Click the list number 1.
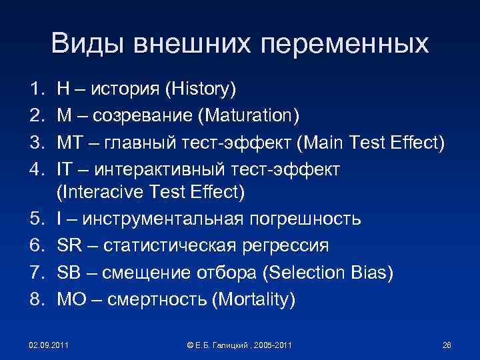coord(35,88)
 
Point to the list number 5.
coord(35,219)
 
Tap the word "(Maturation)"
coord(247,116)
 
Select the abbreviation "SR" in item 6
coord(69,246)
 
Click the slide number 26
coord(447,345)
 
